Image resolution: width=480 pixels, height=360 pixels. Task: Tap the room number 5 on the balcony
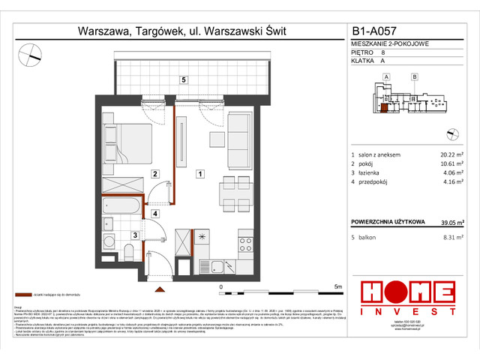tap(182, 79)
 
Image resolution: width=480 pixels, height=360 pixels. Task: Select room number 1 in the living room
tap(199, 174)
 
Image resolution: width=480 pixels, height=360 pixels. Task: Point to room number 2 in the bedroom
tap(154, 174)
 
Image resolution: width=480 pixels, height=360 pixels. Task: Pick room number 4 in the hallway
tap(154, 214)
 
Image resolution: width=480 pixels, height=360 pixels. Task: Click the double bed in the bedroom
tap(127, 144)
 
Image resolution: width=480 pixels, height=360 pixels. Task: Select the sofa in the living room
tap(240, 133)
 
